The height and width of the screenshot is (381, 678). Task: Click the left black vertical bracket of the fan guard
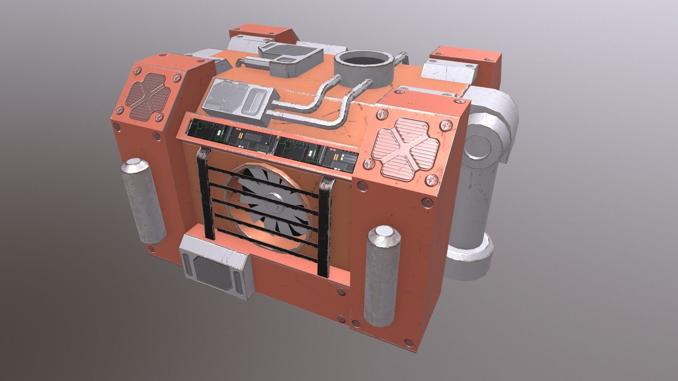pyautogui.click(x=205, y=194)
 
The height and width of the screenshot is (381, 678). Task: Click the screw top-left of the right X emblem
pyautogui.click(x=381, y=114)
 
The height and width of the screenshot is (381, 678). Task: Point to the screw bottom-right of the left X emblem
pyautogui.click(x=161, y=117)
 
